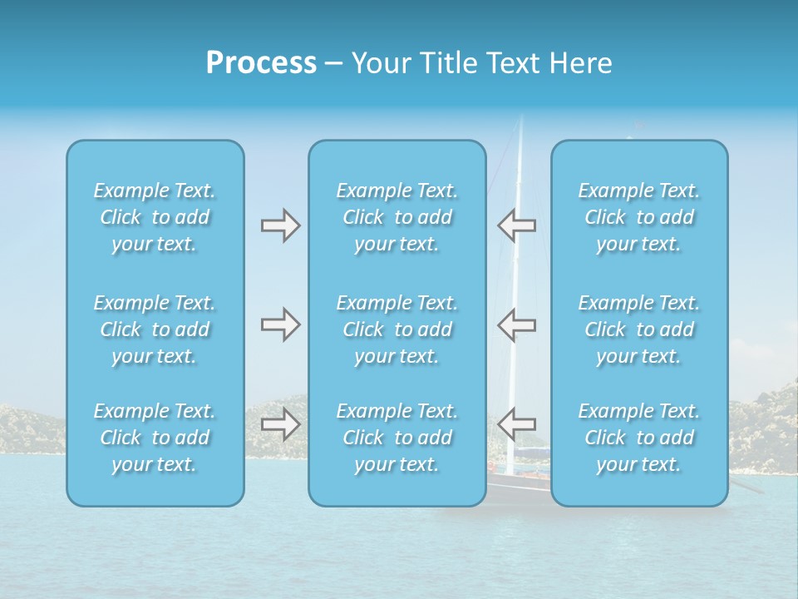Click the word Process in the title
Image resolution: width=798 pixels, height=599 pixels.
[261, 63]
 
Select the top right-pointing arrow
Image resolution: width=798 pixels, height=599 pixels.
[280, 225]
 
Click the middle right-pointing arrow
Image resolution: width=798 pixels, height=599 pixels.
[280, 324]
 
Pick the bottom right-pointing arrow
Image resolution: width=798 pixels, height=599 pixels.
[280, 425]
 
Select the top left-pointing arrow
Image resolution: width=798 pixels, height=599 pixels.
[516, 225]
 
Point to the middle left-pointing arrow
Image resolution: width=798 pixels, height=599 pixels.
[516, 324]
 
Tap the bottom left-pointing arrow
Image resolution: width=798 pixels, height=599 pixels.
[516, 425]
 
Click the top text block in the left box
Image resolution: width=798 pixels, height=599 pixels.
[155, 217]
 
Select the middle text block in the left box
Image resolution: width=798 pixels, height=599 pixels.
[155, 329]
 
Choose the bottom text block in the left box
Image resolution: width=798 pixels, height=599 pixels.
[155, 438]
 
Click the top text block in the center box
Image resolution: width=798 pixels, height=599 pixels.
[397, 217]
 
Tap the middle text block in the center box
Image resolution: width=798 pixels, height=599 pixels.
[397, 329]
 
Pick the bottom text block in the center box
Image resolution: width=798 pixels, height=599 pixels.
[397, 438]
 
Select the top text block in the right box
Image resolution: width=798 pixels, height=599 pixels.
[638, 217]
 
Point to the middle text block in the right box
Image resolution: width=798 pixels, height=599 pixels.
[638, 329]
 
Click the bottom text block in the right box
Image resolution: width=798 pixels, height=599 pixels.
[638, 438]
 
